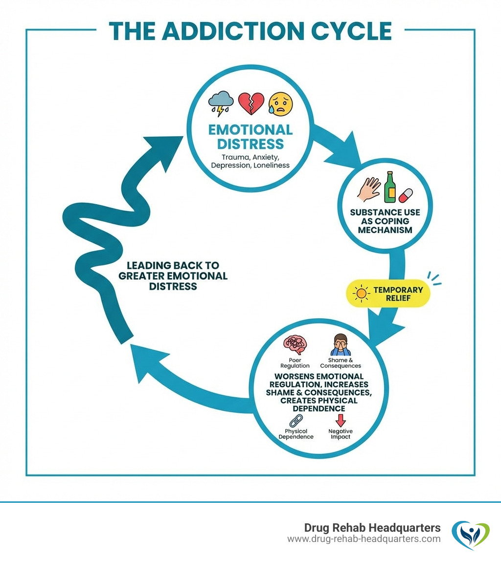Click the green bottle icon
(389, 187)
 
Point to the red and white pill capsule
(406, 195)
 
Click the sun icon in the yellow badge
(362, 294)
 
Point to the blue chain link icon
(296, 421)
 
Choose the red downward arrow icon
(341, 420)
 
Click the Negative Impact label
(341, 434)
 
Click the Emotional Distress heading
(250, 137)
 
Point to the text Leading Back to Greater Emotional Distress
(173, 276)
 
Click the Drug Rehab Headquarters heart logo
(470, 534)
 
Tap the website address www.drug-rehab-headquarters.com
(364, 539)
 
